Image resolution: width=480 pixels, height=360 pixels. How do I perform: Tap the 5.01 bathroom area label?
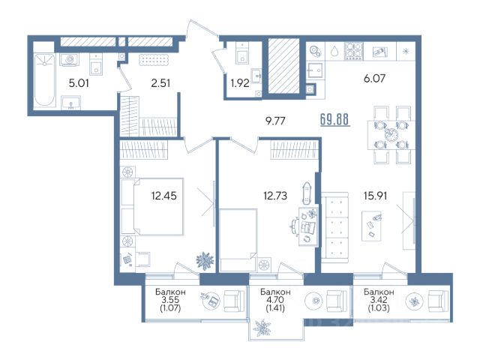coord(79,83)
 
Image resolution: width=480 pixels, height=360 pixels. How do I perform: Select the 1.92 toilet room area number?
coord(240,83)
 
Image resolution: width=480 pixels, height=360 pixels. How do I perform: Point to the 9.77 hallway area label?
coord(275,121)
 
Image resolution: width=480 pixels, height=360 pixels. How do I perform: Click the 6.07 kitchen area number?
coord(374,78)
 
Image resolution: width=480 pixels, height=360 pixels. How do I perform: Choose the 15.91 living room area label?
coord(375,195)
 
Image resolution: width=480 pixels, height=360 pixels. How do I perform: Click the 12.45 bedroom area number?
coord(163,195)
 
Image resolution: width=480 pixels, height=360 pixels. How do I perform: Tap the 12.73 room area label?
coord(275,195)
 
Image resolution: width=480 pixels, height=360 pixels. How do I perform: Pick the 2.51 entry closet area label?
coord(160,83)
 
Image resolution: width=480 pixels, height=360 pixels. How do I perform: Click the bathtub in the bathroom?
coord(44,80)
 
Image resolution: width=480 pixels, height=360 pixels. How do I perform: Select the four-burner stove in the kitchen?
coord(354,50)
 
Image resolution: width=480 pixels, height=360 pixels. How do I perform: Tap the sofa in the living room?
coord(335,228)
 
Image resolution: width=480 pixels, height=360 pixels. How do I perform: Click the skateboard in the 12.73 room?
coord(306,193)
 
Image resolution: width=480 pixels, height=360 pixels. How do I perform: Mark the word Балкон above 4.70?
coord(275,292)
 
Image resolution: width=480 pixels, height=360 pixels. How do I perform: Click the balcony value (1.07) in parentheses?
coord(170,307)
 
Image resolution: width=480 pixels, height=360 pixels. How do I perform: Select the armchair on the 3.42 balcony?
coord(439,301)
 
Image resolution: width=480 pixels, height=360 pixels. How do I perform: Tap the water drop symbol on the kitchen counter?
coord(334,52)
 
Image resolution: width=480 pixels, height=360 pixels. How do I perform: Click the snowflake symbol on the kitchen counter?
coord(406,51)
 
